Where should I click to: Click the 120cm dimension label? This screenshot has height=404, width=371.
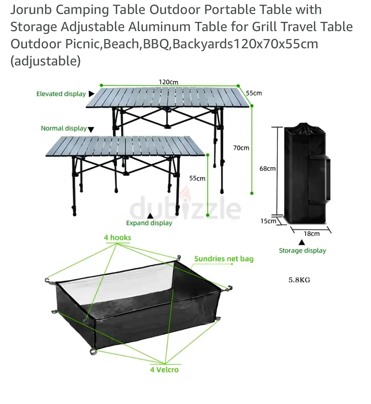pos(168,82)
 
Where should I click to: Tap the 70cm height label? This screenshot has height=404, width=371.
pos(241,148)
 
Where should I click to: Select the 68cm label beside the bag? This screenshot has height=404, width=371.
pos(267,169)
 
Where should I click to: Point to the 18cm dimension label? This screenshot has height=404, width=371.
pos(312,234)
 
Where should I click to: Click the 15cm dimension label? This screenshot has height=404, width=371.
pos(268,221)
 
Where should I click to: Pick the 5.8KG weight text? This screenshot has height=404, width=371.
pos(299,280)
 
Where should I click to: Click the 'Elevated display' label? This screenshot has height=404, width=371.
pos(61,94)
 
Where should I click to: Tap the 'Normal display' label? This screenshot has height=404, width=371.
pos(64,128)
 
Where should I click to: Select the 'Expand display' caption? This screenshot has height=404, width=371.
pos(149,223)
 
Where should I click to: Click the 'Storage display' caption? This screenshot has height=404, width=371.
pos(302,251)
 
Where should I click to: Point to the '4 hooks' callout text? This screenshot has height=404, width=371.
pos(117,238)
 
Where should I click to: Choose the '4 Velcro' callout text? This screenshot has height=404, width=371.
pos(164,370)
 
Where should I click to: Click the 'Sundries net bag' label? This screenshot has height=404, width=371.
pos(224,259)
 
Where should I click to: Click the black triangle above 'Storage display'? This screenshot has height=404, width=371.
pos(302,242)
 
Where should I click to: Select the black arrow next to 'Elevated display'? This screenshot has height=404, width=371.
pos(91,94)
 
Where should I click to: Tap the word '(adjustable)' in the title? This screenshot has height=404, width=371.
pos(45,61)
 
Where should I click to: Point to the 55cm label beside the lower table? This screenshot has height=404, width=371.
pos(198,178)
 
